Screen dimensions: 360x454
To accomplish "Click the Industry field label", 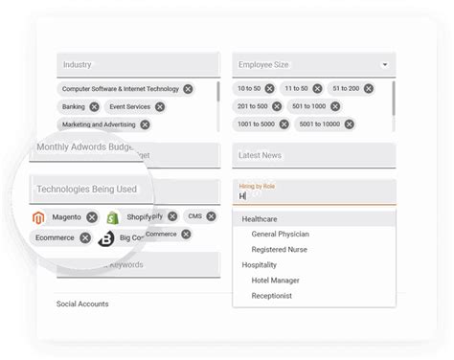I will (78, 65).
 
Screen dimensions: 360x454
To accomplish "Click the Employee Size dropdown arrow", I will (385, 65).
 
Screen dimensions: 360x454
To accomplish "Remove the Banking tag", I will (94, 106).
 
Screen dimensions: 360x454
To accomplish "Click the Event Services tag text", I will (129, 106).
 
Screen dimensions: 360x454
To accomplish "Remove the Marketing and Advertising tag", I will (145, 124).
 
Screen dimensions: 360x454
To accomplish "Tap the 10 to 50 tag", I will (254, 88).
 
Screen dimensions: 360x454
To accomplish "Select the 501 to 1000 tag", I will (308, 106).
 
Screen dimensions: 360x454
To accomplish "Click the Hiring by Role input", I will (313, 195).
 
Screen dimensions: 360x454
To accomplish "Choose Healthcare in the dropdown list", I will (260, 219).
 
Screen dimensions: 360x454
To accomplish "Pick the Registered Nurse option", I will (280, 250).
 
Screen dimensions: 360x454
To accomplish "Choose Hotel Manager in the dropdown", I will (275, 281).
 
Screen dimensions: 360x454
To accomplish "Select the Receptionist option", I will (273, 296).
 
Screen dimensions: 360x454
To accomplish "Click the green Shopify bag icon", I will (113, 217).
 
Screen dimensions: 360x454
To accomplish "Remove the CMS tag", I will (212, 216).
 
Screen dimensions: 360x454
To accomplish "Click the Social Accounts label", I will (82, 304).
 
